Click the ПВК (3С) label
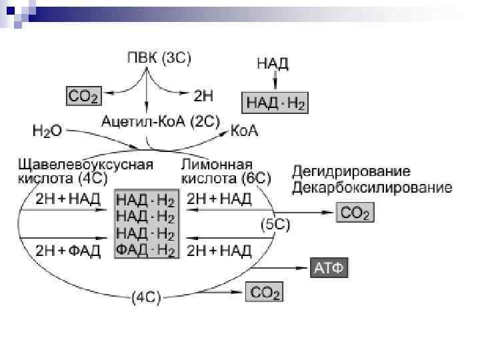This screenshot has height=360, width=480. (159, 59)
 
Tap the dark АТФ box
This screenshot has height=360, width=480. (329, 269)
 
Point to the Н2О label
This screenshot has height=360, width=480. (46, 131)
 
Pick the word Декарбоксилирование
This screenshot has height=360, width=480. (371, 187)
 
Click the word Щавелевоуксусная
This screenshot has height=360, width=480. (86, 164)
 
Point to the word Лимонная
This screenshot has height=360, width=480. (217, 164)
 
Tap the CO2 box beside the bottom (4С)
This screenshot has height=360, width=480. (265, 291)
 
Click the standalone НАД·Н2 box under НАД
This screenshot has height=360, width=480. (275, 103)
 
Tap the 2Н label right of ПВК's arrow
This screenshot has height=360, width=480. (203, 97)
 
